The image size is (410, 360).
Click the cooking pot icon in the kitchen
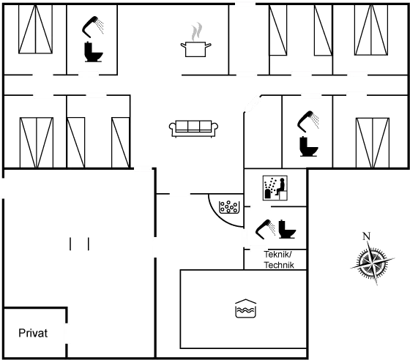tap(195, 49)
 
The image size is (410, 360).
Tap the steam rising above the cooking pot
tap(197, 31)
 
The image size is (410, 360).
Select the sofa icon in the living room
tap(193, 129)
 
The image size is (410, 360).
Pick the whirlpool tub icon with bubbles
tap(229, 207)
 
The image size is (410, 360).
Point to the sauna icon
tap(275, 188)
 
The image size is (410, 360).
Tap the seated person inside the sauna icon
tap(280, 186)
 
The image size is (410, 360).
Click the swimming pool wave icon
tap(246, 308)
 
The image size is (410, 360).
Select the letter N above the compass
tap(366, 236)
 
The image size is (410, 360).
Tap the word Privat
tap(33, 333)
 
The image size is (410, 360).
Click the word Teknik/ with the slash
tap(277, 254)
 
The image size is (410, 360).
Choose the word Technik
tap(279, 265)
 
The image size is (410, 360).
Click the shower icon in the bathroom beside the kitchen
tap(92, 26)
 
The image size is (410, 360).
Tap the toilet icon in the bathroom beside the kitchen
tap(94, 52)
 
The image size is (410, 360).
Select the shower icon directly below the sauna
tap(264, 229)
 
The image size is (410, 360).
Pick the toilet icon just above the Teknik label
tap(286, 229)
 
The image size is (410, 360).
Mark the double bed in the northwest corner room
tap(35, 29)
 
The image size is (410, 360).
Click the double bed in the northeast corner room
tap(371, 30)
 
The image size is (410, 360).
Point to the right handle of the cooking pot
tap(208, 46)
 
